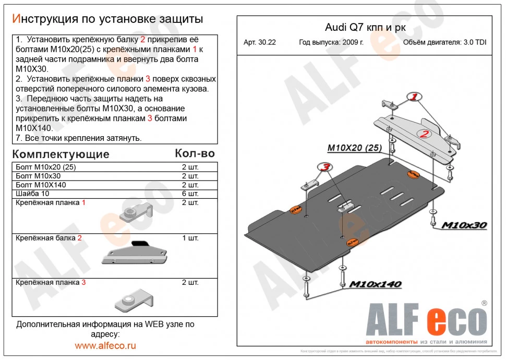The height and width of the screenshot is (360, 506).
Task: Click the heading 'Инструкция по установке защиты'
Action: point(107,19)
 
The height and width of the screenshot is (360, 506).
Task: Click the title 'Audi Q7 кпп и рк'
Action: point(363,28)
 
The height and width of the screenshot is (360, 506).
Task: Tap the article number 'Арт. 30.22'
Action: point(259,43)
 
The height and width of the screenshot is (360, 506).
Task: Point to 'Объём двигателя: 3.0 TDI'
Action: point(444,43)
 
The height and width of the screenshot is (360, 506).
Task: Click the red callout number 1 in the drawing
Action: point(414,97)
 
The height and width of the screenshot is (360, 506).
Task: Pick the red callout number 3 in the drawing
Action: point(324,167)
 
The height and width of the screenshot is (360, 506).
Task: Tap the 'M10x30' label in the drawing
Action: point(464,225)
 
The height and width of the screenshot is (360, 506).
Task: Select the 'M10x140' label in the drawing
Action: point(375,284)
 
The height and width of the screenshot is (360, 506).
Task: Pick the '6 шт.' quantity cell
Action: point(190,194)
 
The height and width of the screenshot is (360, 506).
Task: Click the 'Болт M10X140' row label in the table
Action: point(41,185)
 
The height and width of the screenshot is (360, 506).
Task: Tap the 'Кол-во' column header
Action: point(194,153)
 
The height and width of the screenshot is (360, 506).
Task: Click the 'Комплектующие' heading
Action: point(61,154)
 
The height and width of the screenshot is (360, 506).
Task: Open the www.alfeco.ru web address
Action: point(105,345)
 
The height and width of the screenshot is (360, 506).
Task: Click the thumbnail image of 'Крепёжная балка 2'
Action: point(134,253)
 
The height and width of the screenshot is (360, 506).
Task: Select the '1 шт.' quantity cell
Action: point(190,238)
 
